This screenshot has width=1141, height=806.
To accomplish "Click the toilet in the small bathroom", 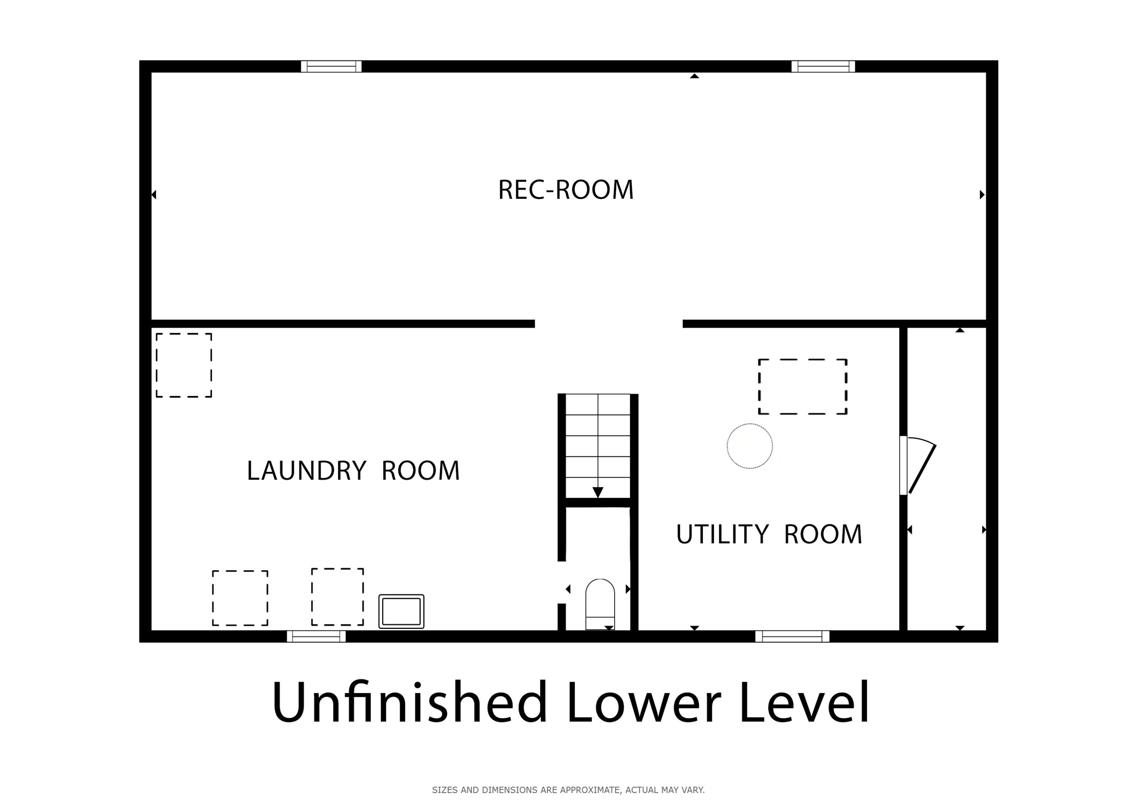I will click(600, 604).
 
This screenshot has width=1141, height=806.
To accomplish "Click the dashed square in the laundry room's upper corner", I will click(184, 366).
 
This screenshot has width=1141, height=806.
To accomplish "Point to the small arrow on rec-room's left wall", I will click(154, 195).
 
